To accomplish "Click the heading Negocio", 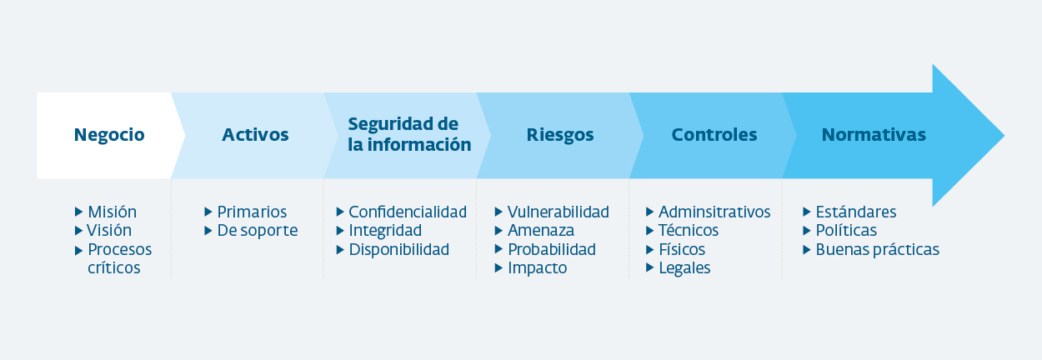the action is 109,135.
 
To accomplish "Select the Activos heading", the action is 255,135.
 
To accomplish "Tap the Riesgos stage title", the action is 560,135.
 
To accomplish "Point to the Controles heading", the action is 714,135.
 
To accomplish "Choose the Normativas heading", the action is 874,135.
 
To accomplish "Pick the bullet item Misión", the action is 112,212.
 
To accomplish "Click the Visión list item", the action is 109,230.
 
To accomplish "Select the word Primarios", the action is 252,212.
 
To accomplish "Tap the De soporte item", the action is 258,231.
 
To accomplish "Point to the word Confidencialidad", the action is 408,212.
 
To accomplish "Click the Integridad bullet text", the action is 385,231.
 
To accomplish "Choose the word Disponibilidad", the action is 399,250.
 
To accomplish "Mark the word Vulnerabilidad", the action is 559,212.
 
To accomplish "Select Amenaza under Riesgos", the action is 540,231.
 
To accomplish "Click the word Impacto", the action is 538,268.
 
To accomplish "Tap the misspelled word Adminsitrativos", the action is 714,212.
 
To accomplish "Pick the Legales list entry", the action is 684,268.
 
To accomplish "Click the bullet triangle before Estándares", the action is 807,212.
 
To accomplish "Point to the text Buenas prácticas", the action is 877,250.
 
